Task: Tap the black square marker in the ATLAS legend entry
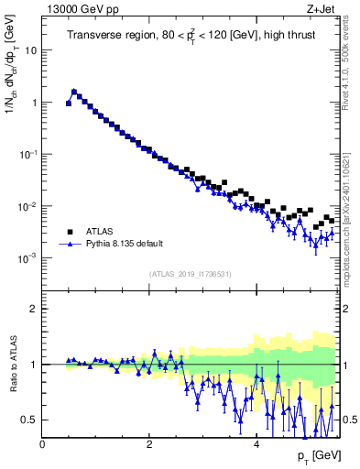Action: pos(69,232)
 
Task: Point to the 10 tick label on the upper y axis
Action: pos(30,50)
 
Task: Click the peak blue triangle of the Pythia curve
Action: pos(74,92)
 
